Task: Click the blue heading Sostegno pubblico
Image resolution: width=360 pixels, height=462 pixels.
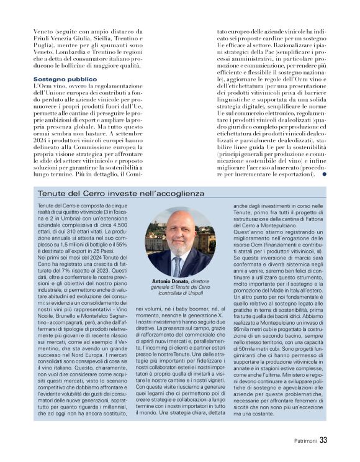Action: (65, 79)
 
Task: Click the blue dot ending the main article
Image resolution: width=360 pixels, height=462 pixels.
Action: (325, 174)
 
